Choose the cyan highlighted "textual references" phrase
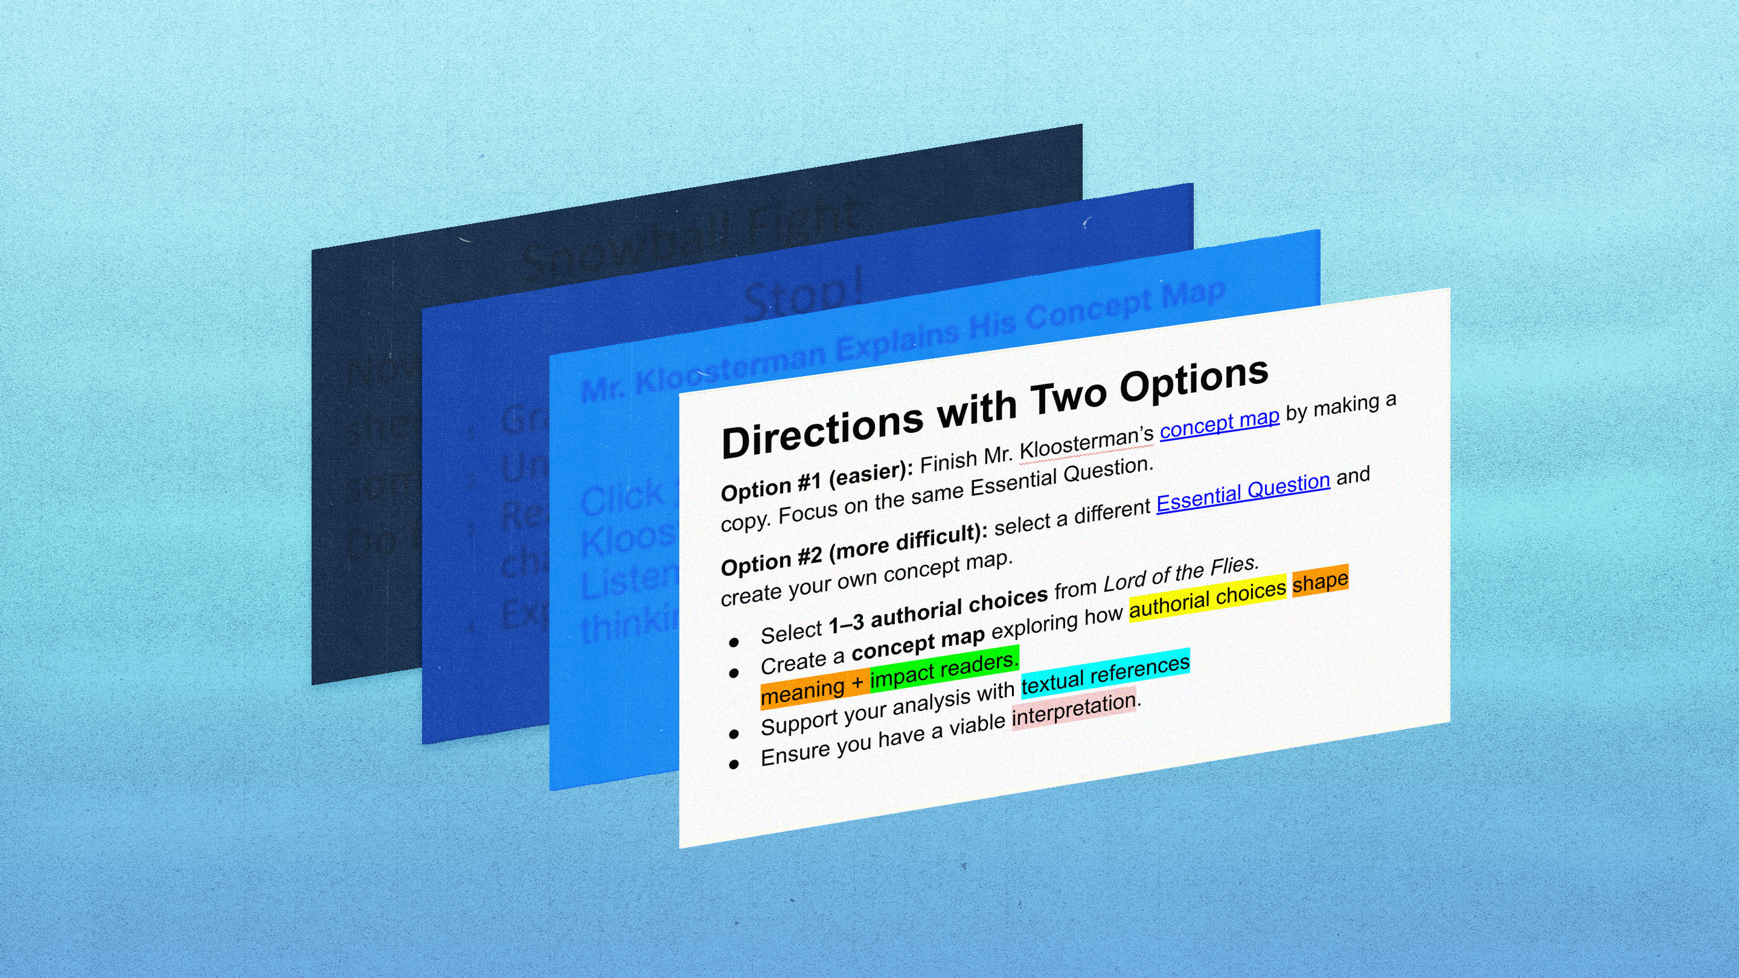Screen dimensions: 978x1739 (x=1105, y=673)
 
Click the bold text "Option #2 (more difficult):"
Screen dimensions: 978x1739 (x=853, y=551)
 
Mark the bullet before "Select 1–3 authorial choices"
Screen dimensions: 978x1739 (x=734, y=642)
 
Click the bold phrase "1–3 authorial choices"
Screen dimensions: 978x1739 (x=938, y=612)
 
